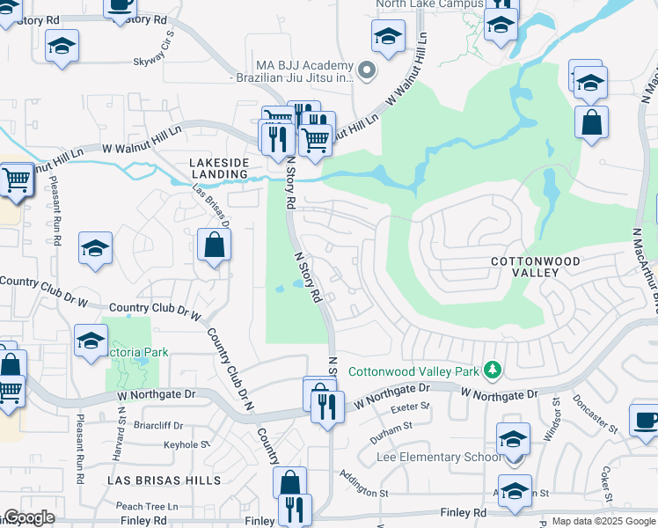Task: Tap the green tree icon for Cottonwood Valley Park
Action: coord(493,370)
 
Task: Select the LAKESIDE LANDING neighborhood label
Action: coord(218,168)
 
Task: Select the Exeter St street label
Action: coord(412,407)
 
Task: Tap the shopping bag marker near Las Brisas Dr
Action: coord(214,246)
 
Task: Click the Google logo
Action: coord(28,518)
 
